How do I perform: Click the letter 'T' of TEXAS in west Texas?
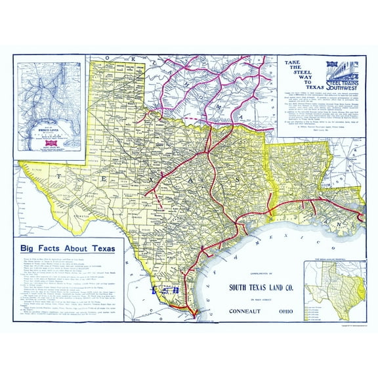pos(59,176)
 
